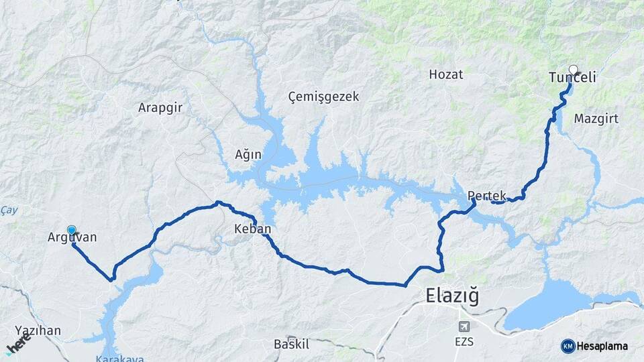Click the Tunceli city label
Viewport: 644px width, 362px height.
click(x=572, y=78)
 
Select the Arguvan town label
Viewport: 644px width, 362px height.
click(x=72, y=237)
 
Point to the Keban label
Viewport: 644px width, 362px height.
click(x=252, y=229)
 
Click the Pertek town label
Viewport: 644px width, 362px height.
click(x=486, y=196)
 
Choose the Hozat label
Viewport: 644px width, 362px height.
click(x=446, y=74)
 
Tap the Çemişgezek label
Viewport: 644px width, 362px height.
click(x=323, y=97)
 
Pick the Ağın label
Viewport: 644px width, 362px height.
click(x=248, y=155)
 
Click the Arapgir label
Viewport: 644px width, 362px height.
click(x=160, y=107)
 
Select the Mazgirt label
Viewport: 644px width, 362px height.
click(x=596, y=119)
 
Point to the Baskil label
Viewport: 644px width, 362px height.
click(x=291, y=345)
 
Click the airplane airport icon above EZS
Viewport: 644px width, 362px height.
click(x=463, y=327)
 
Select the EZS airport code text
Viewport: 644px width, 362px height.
click(x=464, y=342)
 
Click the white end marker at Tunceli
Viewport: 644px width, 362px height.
click(x=574, y=68)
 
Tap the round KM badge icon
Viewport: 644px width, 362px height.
click(x=568, y=345)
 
